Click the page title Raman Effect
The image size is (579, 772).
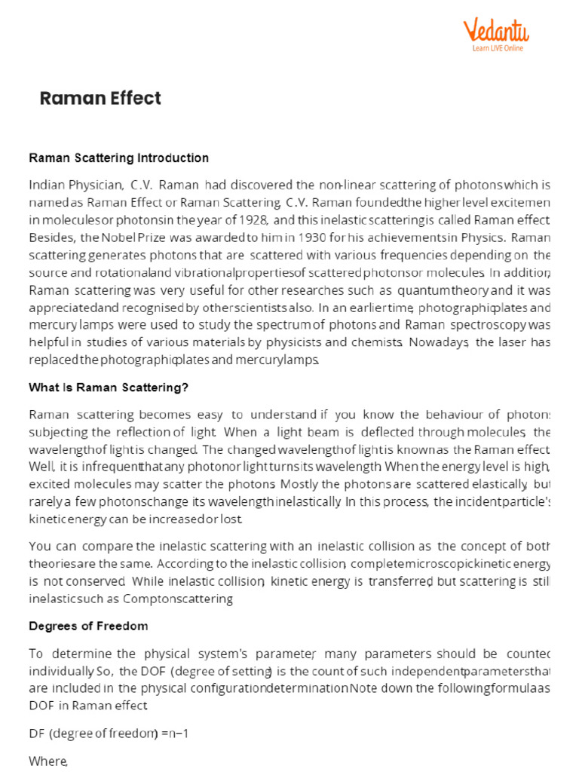pyautogui.click(x=100, y=98)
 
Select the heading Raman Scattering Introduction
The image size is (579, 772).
pyautogui.click(x=118, y=158)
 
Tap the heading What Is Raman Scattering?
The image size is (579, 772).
pyautogui.click(x=108, y=388)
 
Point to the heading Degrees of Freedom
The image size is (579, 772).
pyautogui.click(x=88, y=626)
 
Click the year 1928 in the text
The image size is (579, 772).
pyautogui.click(x=252, y=219)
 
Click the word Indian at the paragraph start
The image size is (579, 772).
pyautogui.click(x=47, y=185)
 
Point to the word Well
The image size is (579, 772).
pyautogui.click(x=41, y=466)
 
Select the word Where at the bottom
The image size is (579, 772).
pyautogui.click(x=47, y=761)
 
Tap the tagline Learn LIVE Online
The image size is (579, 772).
pyautogui.click(x=498, y=48)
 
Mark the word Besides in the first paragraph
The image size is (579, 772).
pyautogui.click(x=50, y=237)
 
